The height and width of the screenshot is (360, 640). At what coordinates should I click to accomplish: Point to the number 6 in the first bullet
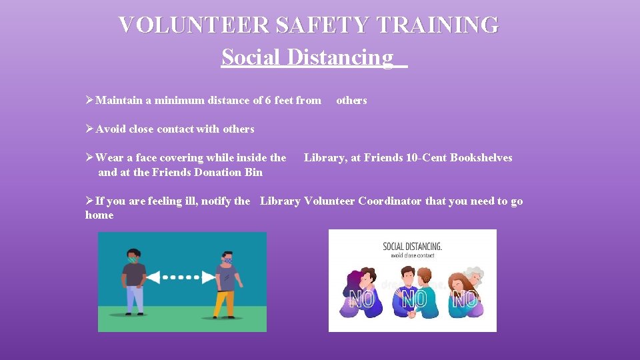pos(268,101)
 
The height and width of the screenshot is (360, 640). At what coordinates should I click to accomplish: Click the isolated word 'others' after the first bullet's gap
pos(351,101)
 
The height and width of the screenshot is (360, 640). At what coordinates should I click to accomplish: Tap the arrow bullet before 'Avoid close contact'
pos(90,129)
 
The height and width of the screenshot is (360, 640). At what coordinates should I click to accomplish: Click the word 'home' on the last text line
pos(99,215)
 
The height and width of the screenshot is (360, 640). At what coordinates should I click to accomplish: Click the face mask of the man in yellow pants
pos(228,259)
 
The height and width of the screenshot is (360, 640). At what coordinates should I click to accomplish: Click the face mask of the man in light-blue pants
pos(134,259)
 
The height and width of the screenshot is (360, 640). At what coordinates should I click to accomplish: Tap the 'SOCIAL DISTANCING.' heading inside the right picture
pos(412,246)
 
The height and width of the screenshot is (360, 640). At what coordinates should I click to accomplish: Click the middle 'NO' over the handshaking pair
pos(413,300)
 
